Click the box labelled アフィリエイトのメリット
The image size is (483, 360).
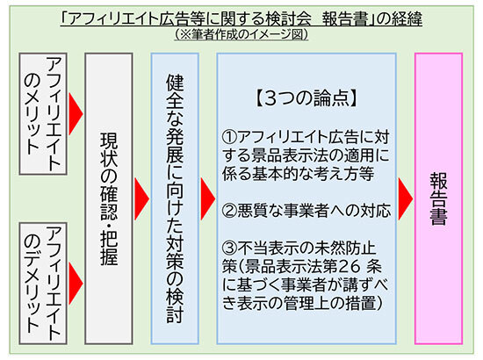43,114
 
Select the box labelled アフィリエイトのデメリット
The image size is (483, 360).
43,284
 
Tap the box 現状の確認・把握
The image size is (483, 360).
109,198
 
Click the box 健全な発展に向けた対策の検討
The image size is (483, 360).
175,198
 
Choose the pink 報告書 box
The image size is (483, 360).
438,198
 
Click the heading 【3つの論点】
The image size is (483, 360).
306,98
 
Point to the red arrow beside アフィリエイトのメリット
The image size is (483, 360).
76,114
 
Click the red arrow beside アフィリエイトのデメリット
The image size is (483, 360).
76,284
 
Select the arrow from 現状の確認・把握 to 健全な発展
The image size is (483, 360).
141,198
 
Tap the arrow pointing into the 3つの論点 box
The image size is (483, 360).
208,198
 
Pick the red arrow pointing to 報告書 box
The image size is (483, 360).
406,198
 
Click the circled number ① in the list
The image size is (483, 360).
229,137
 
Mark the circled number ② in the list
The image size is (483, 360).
229,211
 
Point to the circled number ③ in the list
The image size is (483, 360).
229,248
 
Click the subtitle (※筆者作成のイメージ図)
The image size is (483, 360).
241,34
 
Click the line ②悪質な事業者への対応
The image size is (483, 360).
306,211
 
